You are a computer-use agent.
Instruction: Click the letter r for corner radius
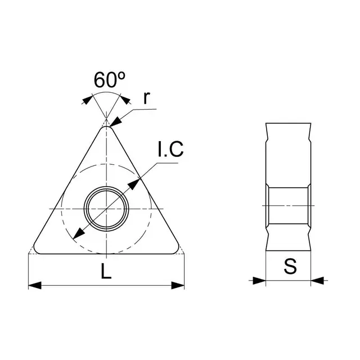(x=146, y=97)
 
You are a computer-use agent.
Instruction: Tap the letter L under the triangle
(x=106, y=272)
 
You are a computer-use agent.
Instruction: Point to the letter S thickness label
(x=290, y=266)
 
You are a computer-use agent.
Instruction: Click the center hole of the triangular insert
(x=106, y=208)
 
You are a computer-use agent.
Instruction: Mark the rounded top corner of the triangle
(x=106, y=128)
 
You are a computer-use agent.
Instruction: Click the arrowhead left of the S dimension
(x=259, y=279)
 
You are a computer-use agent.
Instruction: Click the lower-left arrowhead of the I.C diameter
(x=79, y=233)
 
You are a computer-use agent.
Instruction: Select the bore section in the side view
(x=288, y=205)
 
